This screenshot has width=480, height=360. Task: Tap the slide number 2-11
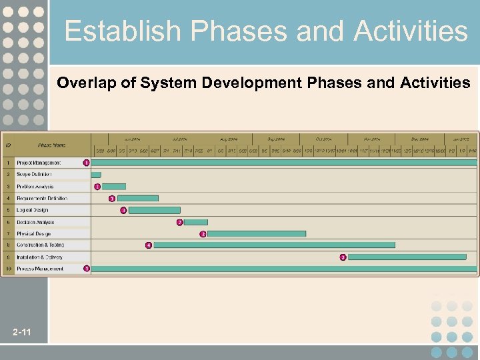coord(21,332)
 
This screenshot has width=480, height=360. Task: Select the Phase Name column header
coord(52,145)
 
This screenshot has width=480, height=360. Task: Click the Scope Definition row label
coord(34,175)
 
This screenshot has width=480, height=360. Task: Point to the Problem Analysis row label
coord(35,187)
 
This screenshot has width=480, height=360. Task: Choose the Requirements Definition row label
coord(42,199)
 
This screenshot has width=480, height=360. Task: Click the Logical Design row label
coord(32,210)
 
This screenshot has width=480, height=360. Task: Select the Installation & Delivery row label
coord(40,257)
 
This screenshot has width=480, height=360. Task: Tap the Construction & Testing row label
coord(41,245)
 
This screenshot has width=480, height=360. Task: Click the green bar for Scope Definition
coord(97,175)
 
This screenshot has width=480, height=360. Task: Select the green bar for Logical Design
coord(154,210)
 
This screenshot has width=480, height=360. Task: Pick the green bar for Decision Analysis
coord(195,222)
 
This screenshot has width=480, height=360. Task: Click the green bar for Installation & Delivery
coord(412,257)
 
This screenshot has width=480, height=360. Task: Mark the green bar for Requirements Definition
coord(137,198)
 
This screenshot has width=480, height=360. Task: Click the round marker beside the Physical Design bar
coord(203,234)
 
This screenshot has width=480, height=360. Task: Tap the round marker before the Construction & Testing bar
coord(149,245)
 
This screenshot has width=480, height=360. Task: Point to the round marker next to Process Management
coord(86,269)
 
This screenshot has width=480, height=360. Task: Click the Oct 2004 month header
coord(323,139)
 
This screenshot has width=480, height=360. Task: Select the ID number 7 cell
coord(8,234)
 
